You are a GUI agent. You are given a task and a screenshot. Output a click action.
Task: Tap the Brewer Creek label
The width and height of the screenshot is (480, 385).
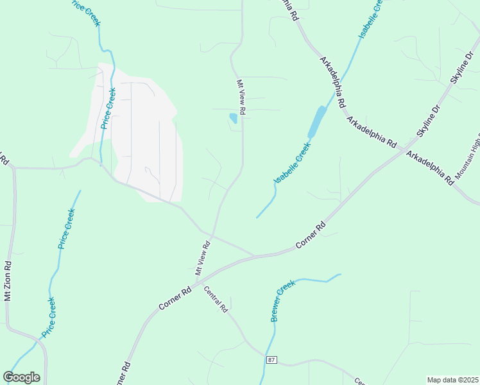click(282, 300)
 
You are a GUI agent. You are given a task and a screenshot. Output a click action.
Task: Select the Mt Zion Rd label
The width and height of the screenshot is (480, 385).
click(8, 280)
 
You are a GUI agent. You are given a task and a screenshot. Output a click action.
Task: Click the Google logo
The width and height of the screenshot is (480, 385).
click(21, 377)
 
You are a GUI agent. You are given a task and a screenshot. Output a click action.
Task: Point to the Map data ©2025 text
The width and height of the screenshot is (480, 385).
click(452, 380)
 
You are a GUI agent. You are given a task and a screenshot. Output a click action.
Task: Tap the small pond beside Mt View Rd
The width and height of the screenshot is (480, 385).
click(233, 118)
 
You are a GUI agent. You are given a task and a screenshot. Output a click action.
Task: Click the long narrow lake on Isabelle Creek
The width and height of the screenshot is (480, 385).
click(316, 121)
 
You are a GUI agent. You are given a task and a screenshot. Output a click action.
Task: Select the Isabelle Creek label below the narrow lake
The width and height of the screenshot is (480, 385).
click(293, 163)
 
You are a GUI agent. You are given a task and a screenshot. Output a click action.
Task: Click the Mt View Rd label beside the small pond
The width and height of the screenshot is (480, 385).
click(241, 97)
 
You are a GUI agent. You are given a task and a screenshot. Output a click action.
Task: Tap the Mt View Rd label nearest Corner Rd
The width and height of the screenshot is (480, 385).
click(203, 258)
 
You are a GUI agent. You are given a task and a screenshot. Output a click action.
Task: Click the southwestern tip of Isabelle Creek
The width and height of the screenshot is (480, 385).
click(257, 217)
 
